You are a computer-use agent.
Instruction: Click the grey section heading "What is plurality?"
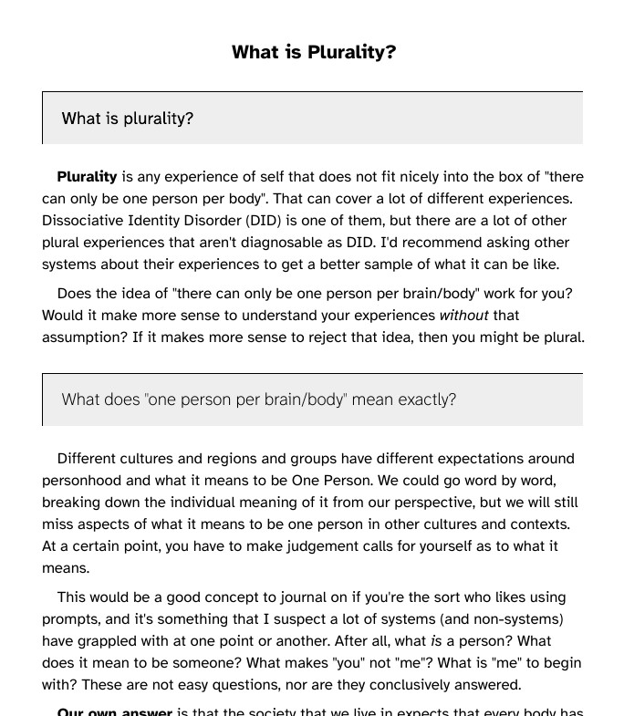click(x=128, y=119)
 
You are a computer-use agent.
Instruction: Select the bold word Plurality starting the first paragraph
click(x=87, y=177)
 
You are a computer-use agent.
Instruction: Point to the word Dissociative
click(x=88, y=221)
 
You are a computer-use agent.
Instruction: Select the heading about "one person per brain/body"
click(x=259, y=400)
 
